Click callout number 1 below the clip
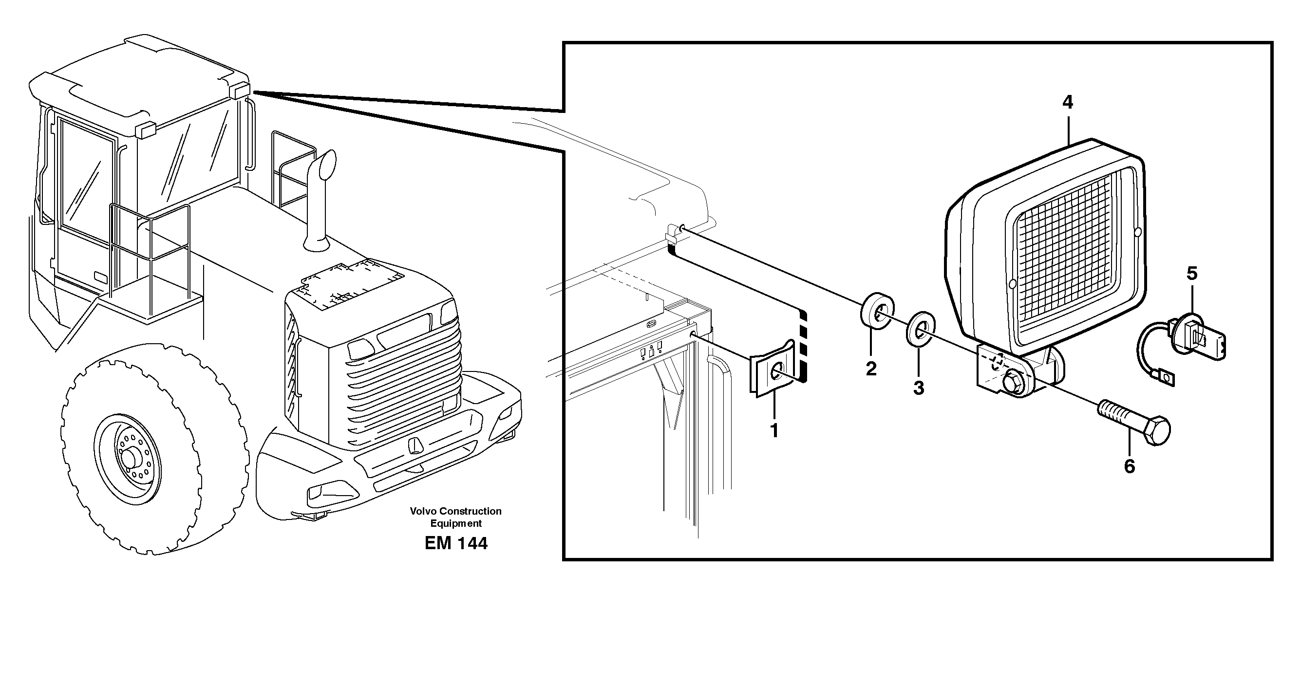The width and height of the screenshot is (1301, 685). tap(773, 430)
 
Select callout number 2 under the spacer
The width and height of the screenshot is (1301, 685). tap(871, 369)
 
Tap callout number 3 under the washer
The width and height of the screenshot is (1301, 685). tap(919, 388)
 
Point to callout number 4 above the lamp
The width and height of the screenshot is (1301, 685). tap(1067, 102)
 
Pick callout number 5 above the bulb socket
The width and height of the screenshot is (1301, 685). tap(1191, 274)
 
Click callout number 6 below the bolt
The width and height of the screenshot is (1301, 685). tap(1129, 466)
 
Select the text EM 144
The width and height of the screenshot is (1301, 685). tap(455, 543)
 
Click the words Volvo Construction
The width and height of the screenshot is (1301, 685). tap(455, 511)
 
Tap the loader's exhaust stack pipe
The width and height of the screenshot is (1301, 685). tap(319, 202)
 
